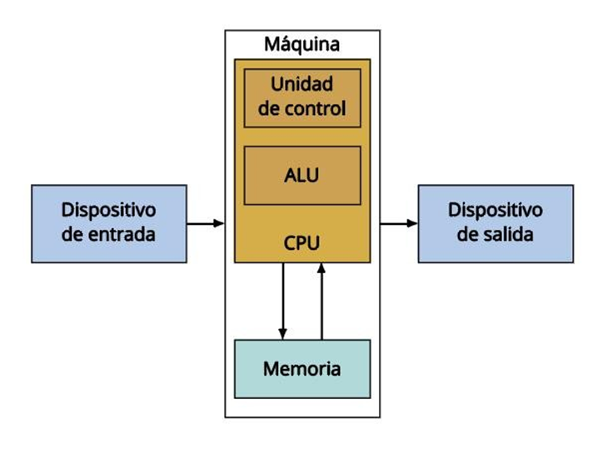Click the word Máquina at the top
(301, 44)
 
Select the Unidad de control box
(301, 97)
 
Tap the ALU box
(301, 176)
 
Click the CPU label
(301, 243)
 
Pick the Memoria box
(301, 368)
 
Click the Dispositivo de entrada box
(108, 222)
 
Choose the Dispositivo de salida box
(495, 222)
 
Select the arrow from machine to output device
(399, 223)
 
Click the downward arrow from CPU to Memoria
(283, 300)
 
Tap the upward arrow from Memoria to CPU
(321, 300)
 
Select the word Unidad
(301, 85)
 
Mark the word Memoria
(301, 368)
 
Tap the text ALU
(301, 176)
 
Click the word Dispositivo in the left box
(108, 210)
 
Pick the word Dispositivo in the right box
(495, 210)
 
